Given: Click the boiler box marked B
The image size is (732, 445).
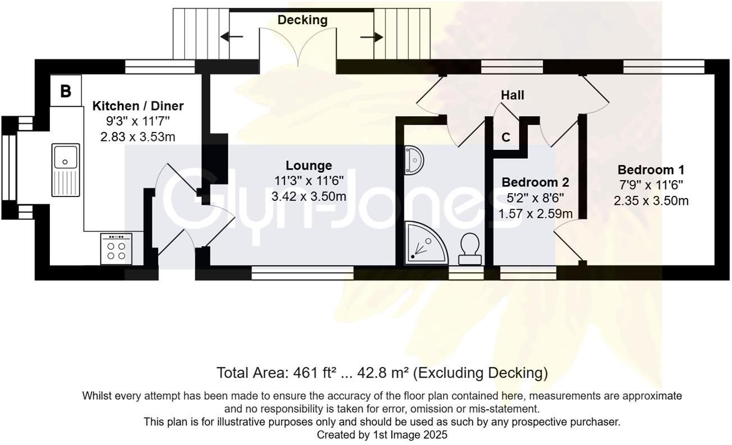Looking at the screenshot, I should (66, 91).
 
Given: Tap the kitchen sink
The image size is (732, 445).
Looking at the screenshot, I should (66, 170).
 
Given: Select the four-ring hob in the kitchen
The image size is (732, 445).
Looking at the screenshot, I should (116, 249).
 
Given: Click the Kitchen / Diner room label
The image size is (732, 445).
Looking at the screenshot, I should (138, 106).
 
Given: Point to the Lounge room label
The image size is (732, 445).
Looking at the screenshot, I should (309, 166).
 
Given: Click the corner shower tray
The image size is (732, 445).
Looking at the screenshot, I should (426, 242).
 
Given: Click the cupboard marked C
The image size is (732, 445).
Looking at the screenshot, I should (506, 137).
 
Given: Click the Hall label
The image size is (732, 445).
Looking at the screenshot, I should (513, 95).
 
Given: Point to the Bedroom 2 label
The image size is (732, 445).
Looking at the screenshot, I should (535, 182).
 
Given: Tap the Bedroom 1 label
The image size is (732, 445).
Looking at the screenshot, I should (651, 169).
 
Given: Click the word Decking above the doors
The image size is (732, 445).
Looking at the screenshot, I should (303, 20).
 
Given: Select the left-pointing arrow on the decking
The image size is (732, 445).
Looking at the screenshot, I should (231, 37).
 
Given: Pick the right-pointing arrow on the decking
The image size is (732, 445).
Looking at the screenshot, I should (372, 37).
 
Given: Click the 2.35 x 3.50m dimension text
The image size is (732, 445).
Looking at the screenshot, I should (651, 201).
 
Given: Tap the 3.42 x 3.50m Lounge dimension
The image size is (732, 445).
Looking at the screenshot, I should (308, 196).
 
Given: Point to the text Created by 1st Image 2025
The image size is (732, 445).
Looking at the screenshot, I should (382, 435).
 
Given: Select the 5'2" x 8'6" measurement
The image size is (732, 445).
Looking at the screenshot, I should (535, 198).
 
